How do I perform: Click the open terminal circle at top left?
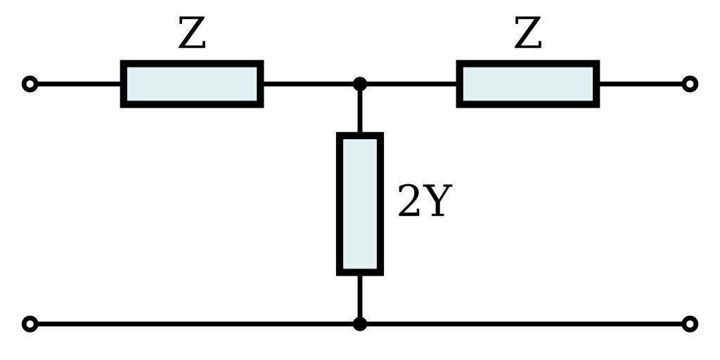click(30, 84)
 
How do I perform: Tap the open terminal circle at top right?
click(690, 84)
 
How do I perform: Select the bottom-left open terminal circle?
click(30, 324)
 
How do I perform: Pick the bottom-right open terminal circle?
click(690, 324)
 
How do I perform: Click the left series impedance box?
click(192, 84)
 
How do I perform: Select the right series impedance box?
click(528, 84)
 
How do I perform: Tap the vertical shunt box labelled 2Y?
click(360, 203)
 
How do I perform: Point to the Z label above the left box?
click(192, 34)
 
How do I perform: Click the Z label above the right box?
click(528, 34)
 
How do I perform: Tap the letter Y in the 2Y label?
click(435, 202)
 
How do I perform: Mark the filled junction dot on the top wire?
click(360, 84)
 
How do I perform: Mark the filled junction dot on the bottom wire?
click(360, 324)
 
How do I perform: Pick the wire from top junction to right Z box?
click(409, 84)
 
